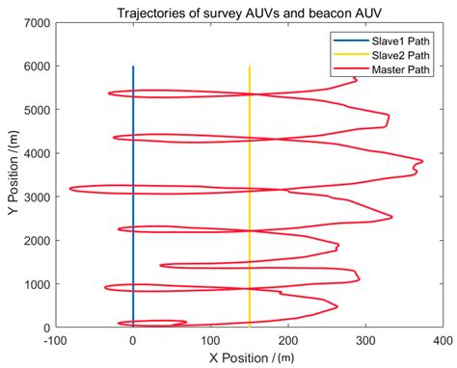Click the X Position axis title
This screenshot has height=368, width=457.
(x=249, y=356)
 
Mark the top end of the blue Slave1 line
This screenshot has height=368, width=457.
(x=133, y=66)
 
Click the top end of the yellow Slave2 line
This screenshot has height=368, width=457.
(x=250, y=66)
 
